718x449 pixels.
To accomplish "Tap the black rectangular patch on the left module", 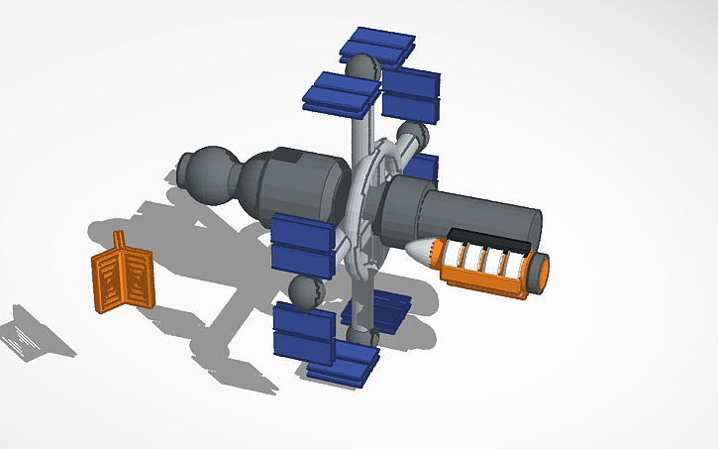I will point(291,156).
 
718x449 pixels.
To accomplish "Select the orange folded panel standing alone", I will point(123,280).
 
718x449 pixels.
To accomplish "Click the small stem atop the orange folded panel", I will point(120,240).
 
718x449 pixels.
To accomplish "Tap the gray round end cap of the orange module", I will point(541,274).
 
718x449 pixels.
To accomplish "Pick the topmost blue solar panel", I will point(376,45).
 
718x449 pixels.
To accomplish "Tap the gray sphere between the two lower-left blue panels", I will point(305,293).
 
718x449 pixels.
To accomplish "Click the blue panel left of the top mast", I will point(340,92).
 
